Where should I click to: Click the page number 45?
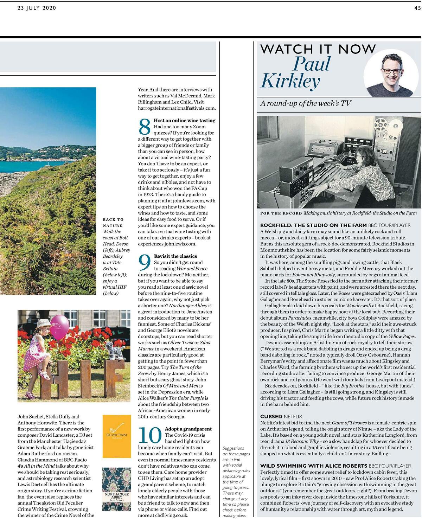[417, 8]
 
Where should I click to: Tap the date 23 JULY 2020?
[37, 8]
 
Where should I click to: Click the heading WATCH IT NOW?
[318, 49]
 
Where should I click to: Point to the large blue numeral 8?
[145, 127]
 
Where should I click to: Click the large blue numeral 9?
[145, 263]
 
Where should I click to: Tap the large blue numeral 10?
[150, 435]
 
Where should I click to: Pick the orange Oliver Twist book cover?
[117, 436]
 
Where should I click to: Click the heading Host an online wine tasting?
[184, 120]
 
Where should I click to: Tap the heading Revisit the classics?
[175, 256]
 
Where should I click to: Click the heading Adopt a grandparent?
[188, 429]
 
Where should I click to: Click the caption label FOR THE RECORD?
[281, 213]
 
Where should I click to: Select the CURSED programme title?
[271, 416]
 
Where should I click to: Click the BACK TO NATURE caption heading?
[113, 222]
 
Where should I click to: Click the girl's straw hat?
[43, 323]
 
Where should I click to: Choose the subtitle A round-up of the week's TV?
[306, 103]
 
